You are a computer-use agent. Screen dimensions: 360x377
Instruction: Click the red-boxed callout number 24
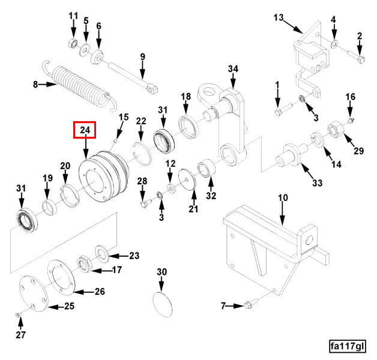85,130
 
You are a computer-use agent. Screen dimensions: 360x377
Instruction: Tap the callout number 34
233,69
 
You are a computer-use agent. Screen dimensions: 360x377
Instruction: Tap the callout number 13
278,17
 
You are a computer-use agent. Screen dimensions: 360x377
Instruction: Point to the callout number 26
99,292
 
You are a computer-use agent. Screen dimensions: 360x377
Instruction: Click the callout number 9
143,57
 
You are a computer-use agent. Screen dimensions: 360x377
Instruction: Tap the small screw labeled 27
19,315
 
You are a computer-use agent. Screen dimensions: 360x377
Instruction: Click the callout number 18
186,97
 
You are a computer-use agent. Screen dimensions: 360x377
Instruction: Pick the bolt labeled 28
143,203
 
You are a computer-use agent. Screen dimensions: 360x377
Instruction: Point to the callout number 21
193,209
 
